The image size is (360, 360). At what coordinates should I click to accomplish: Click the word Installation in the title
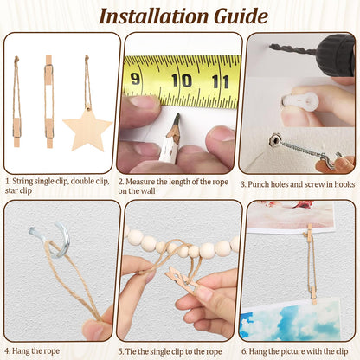click(153, 16)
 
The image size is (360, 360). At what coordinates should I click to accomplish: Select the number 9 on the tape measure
click(135, 79)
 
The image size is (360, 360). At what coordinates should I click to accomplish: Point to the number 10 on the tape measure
click(182, 80)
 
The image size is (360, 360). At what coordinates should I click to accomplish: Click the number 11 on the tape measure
click(221, 81)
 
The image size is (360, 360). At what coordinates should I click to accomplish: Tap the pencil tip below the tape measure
click(177, 117)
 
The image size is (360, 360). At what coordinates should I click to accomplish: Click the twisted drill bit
click(292, 49)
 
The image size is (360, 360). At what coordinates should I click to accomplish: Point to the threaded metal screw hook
click(302, 151)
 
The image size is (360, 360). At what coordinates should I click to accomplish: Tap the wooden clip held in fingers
click(183, 280)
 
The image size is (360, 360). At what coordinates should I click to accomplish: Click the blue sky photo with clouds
click(291, 319)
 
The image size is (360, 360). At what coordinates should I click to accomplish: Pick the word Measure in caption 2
click(140, 182)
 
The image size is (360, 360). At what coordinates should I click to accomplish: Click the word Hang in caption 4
click(21, 351)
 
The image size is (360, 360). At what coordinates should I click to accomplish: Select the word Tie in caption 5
click(131, 351)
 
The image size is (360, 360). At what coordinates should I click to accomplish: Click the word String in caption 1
click(22, 182)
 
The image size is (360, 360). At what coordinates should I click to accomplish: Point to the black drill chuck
click(336, 55)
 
